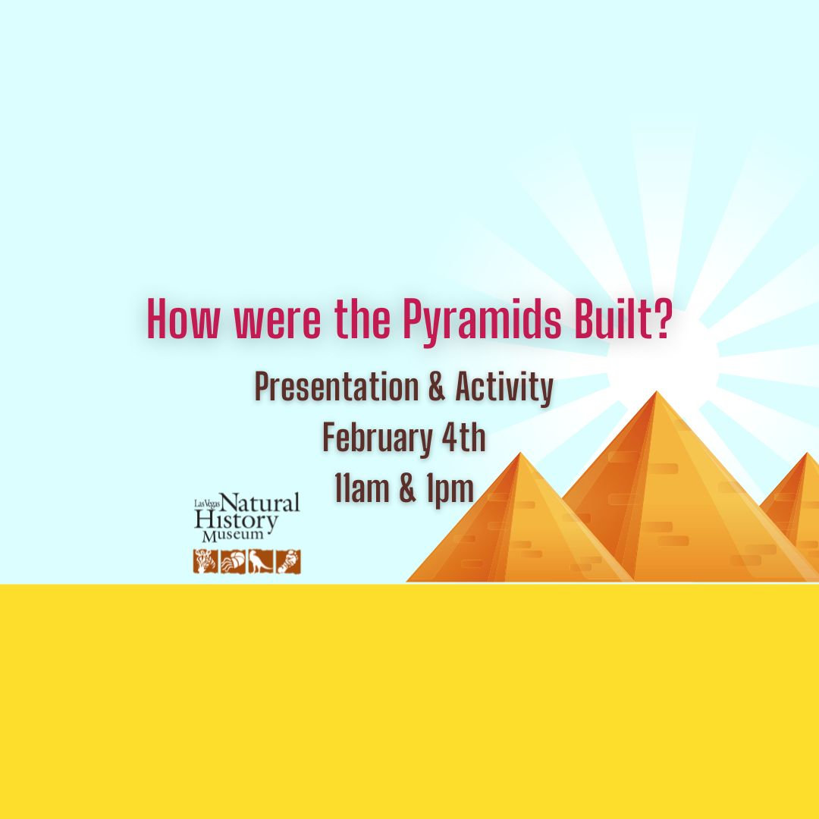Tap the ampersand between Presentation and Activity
coord(436,389)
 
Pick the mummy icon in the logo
coord(288,562)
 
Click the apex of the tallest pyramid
coord(657,393)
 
